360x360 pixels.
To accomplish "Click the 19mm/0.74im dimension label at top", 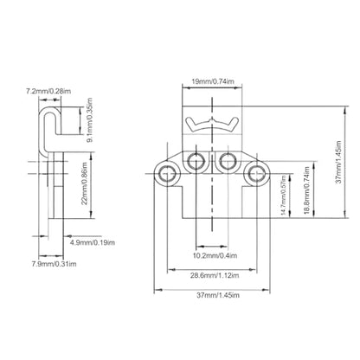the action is tap(213, 81).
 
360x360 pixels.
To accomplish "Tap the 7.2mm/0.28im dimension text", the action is tap(48, 91).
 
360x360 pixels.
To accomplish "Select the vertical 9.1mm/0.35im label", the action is tap(90, 120).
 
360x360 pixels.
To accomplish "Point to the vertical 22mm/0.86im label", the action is tap(84, 183).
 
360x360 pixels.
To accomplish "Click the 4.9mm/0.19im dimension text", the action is tap(93, 242).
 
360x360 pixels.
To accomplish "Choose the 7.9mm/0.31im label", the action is tap(55, 264).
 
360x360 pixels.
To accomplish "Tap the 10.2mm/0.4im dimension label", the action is tap(215, 255).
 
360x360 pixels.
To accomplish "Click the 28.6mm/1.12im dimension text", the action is tap(215, 275).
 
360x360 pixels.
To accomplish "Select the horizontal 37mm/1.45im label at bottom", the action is tap(218, 295).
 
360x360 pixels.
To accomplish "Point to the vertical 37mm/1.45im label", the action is tap(338, 162).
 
